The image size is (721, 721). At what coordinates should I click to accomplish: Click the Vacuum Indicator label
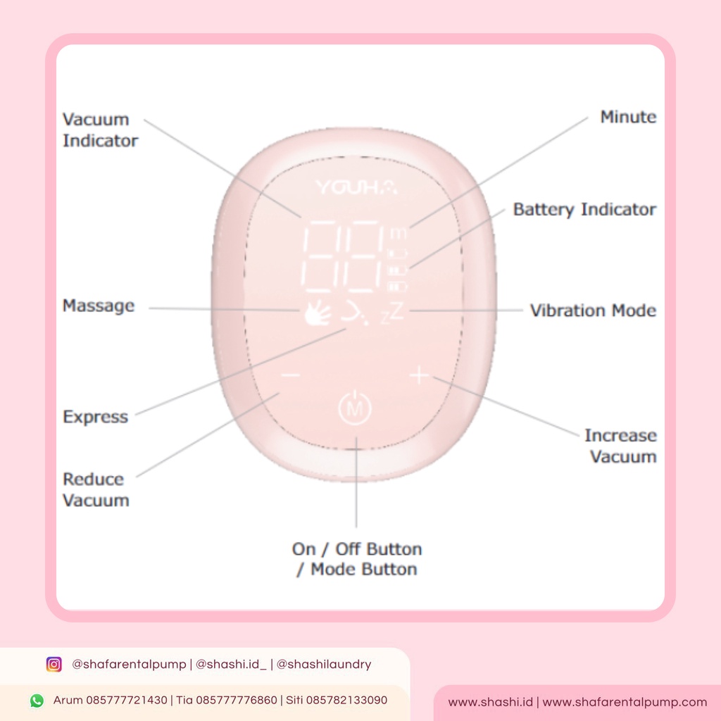coord(100,130)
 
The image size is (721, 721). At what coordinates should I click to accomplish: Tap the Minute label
coord(628,117)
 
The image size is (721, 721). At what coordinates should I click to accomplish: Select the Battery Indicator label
coord(584,209)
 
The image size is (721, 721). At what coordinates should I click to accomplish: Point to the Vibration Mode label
coord(593,311)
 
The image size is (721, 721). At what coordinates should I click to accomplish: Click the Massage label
coord(99,306)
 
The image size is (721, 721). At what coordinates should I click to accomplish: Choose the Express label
coord(96,417)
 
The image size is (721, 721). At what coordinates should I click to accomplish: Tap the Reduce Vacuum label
coord(96,490)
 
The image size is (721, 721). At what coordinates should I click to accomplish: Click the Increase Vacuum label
coord(620,446)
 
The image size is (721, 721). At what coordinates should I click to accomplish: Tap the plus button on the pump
coord(419,376)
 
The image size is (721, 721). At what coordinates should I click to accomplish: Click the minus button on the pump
coord(290,376)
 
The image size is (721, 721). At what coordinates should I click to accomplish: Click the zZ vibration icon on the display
coord(393,314)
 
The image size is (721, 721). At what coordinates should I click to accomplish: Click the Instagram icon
coord(54,664)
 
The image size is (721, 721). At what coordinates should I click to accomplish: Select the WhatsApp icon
coord(37,701)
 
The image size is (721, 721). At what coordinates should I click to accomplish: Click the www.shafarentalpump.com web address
coord(625,702)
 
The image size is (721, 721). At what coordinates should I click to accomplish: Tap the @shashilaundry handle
coord(324,664)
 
